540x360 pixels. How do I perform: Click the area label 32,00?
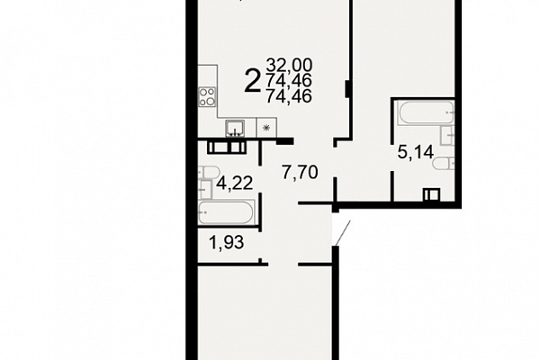289,65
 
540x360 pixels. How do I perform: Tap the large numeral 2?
252,81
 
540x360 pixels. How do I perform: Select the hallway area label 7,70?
300,172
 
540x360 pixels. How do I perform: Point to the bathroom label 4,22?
235,183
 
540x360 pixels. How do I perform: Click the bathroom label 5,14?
415,152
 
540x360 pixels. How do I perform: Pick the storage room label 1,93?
227,242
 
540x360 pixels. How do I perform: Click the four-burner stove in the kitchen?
207,97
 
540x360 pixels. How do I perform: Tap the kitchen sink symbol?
235,129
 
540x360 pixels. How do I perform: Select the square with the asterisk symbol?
266,128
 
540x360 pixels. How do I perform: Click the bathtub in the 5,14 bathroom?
427,112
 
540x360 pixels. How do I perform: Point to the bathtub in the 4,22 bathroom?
226,212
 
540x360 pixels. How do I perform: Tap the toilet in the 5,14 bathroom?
444,163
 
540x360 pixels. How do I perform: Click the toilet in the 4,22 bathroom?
209,172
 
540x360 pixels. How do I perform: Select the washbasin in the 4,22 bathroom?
205,189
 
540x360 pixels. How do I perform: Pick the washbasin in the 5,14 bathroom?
447,135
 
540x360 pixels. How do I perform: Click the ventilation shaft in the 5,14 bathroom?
432,194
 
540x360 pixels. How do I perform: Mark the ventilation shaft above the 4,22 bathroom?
226,147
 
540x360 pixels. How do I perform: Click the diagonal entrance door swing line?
343,234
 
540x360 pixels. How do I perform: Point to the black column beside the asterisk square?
285,141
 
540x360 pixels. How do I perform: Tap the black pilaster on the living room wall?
347,88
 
